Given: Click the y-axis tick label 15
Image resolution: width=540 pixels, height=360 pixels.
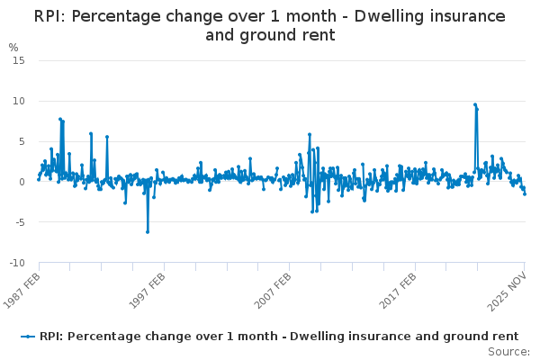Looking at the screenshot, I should click(18, 60).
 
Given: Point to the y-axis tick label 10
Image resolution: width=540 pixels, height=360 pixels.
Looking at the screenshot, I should click(18, 101).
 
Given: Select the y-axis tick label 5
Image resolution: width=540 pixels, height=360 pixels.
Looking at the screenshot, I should click(21, 141).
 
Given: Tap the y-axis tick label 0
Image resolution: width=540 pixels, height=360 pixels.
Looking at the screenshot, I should click(21, 182).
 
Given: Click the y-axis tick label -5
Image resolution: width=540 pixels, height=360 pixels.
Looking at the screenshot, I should click(19, 222).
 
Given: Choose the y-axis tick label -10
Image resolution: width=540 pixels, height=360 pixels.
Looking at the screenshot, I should click(16, 263).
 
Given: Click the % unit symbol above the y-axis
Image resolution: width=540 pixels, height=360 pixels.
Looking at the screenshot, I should click(13, 48).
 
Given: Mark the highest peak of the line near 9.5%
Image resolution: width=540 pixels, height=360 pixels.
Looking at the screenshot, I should click(475, 104).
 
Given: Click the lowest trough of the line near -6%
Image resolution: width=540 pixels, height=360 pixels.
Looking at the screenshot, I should click(148, 231).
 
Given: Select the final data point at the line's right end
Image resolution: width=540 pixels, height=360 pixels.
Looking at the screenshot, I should click(525, 193).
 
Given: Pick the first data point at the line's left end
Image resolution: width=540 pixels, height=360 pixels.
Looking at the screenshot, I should click(38, 179).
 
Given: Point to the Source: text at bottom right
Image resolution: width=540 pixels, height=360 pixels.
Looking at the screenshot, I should click(508, 352).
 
